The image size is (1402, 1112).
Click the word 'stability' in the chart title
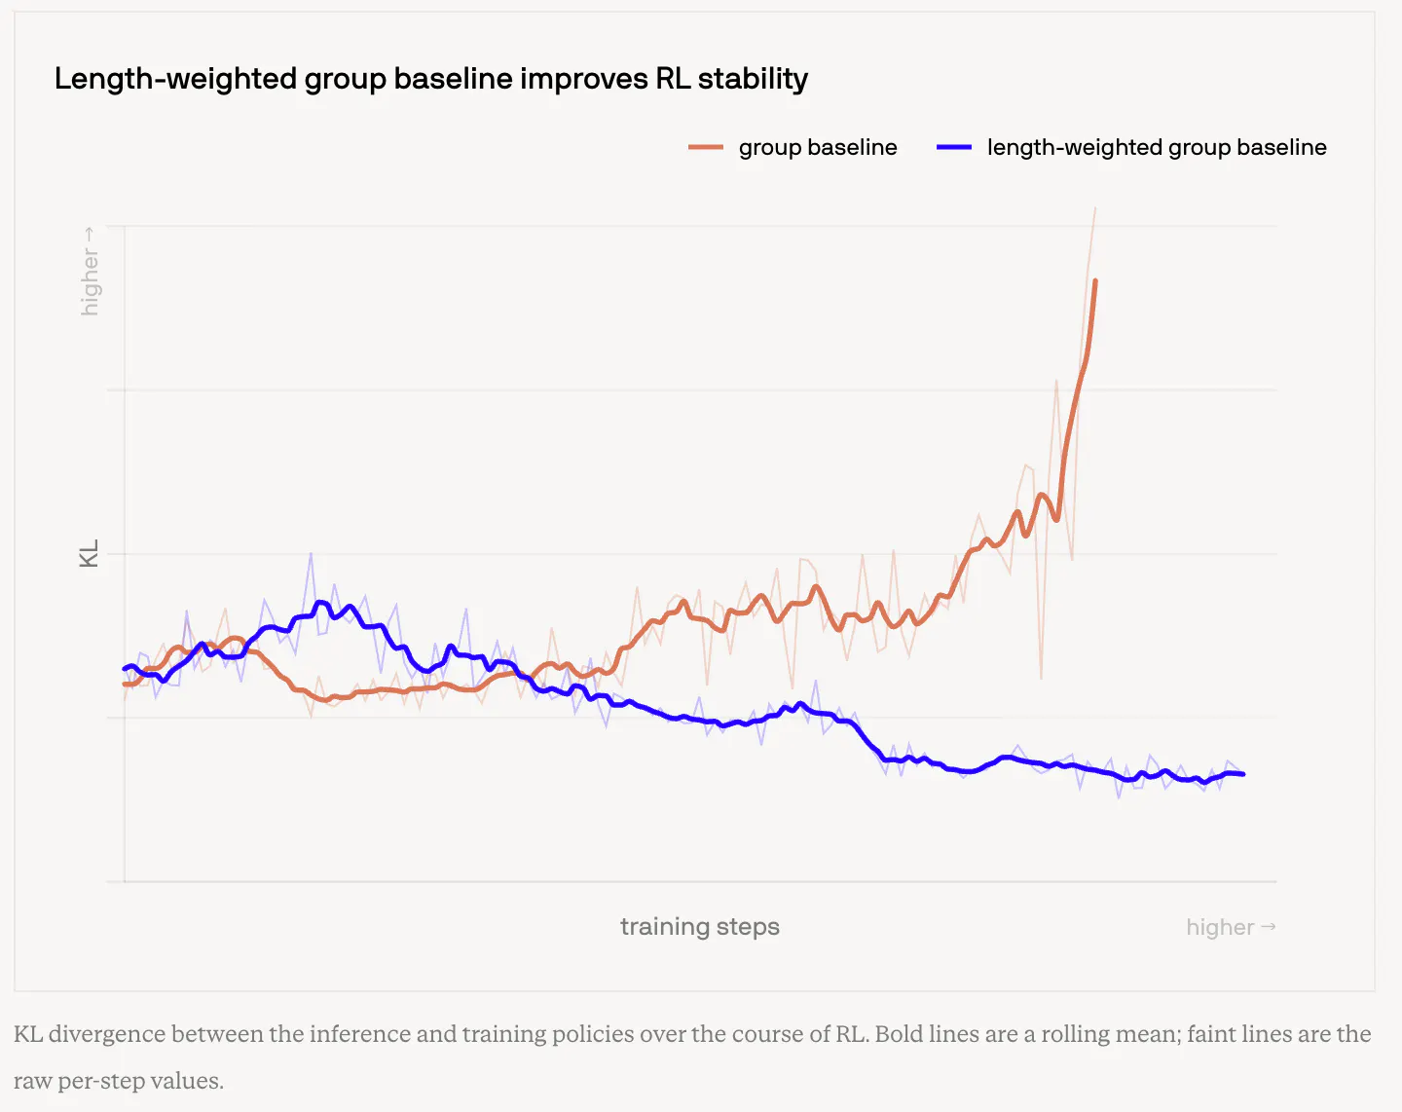pos(753,80)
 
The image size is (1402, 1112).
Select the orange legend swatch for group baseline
pos(706,147)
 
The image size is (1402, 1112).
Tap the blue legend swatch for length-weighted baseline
pos(954,147)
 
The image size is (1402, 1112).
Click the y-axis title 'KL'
pos(89,553)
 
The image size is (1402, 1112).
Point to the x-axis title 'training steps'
pos(700,926)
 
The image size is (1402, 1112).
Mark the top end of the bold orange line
pos(1095,281)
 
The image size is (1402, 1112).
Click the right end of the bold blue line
pos(1243,774)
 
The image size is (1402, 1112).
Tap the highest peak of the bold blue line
pos(320,603)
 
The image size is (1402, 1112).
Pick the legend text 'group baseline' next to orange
pos(818,147)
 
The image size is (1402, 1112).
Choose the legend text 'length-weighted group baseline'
pos(1157,147)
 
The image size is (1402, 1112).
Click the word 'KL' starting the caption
pos(27,1034)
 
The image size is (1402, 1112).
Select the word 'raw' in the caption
pos(32,1082)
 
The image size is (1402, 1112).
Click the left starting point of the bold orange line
pos(125,685)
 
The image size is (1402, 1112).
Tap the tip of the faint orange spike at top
pos(1095,208)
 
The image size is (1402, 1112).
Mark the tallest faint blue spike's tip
pos(311,553)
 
